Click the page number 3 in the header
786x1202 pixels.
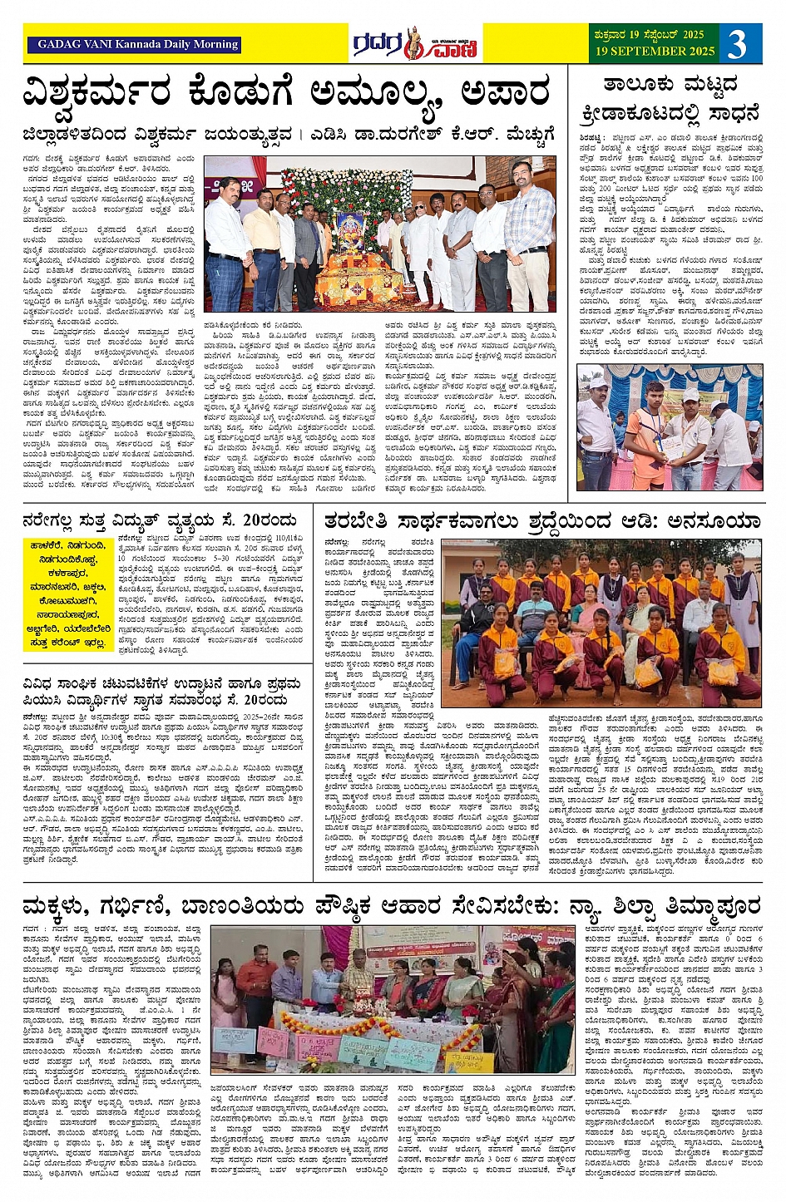point(738,43)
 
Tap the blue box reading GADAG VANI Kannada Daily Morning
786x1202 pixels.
point(133,44)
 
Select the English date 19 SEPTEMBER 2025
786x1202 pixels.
point(655,52)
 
